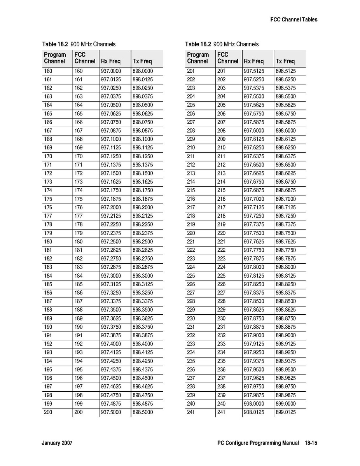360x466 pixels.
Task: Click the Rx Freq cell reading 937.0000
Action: [111, 71]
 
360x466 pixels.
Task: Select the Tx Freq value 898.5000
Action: [142, 412]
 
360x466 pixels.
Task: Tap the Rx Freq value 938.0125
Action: [254, 412]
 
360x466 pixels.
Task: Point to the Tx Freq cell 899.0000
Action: [285, 404]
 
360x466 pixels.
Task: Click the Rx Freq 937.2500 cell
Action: [111, 242]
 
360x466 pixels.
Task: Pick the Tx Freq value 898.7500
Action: [285, 233]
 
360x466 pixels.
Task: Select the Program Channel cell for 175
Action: [48, 199]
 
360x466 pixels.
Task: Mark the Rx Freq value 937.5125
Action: [254, 71]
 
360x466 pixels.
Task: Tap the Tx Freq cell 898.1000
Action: [142, 139]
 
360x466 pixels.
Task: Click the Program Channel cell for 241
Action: [191, 412]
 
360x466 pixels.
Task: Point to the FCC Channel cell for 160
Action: [79, 71]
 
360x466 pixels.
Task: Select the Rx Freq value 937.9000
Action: [254, 335]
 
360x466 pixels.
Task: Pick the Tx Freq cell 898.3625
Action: [142, 318]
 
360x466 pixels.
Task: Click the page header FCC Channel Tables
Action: [294, 19]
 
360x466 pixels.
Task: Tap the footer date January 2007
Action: [57, 443]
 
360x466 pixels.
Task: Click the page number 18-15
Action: [311, 443]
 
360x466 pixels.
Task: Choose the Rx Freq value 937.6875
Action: [254, 190]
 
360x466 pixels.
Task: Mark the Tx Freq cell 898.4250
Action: [142, 361]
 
